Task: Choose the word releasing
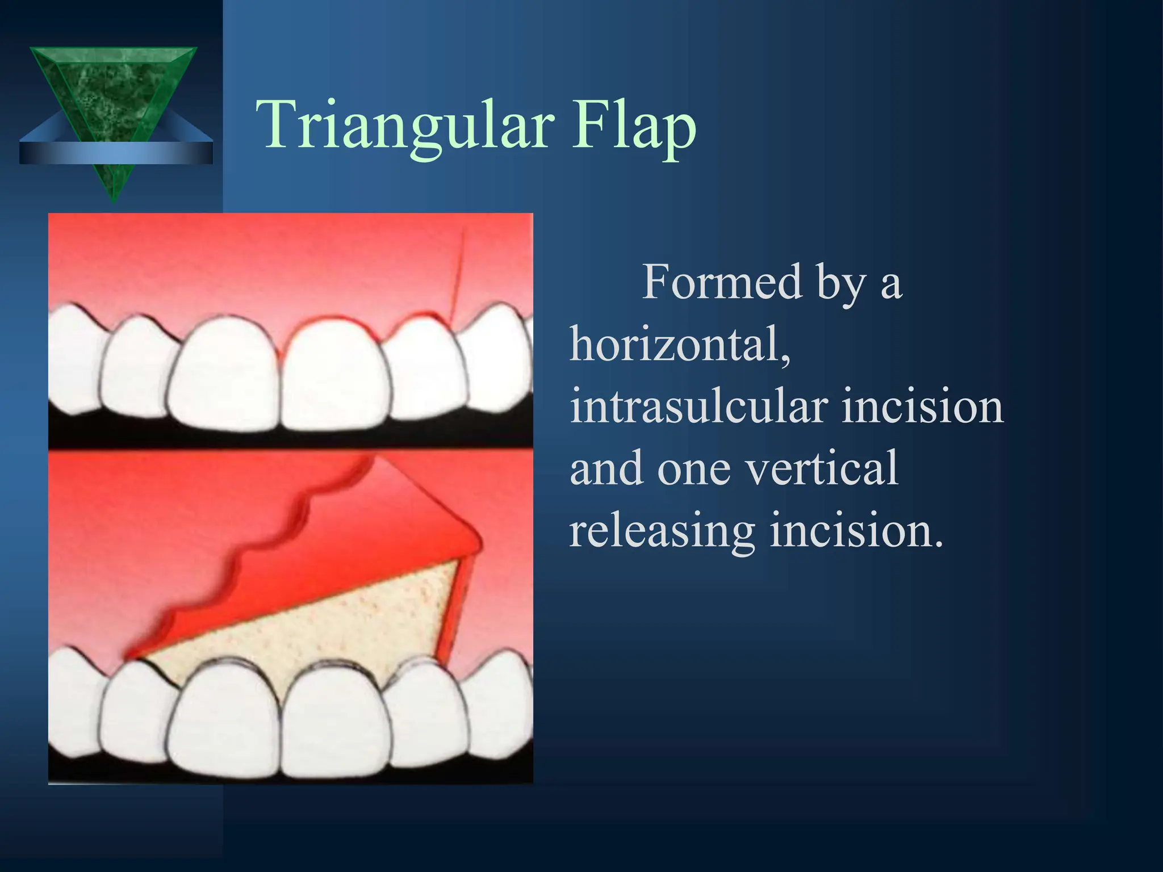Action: coord(662,530)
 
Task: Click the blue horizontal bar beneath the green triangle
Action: coord(116,153)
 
